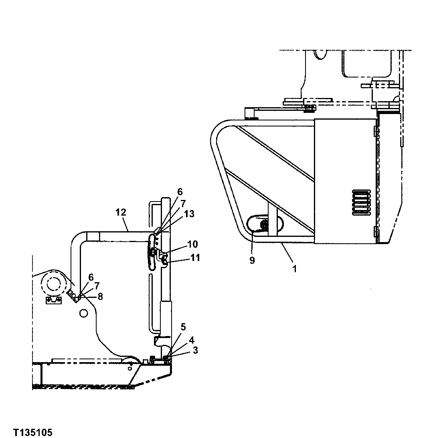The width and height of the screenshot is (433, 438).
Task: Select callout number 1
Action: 295,269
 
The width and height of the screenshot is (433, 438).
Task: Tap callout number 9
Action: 252,260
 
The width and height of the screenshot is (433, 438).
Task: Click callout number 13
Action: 189,214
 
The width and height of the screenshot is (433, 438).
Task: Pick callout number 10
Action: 192,244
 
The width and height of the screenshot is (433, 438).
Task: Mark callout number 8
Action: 100,297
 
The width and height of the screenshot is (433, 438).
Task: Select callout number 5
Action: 182,327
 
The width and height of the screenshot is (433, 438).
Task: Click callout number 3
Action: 195,350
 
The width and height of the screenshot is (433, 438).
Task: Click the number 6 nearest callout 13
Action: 180,192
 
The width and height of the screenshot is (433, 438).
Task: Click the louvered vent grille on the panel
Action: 361,203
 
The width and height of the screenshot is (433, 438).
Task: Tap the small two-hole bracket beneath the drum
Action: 53,301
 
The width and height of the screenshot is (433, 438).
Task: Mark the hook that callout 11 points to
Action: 165,262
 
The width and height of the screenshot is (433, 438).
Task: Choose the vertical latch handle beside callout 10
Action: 152,253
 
